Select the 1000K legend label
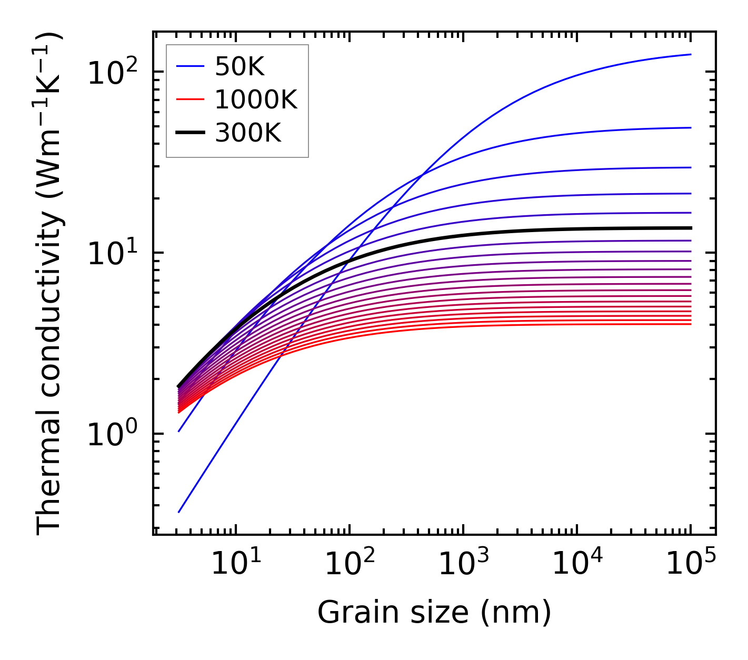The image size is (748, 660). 256,99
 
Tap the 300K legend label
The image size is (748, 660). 248,133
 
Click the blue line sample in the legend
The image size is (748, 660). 190,66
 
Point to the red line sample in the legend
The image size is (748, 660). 190,99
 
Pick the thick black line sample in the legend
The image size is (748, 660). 190,133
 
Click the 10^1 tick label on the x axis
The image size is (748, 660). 236,564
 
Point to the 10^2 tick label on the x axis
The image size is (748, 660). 350,564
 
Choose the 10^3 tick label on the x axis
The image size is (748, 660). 463,564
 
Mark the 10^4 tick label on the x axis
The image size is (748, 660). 577,564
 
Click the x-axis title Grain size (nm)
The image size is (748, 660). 434,613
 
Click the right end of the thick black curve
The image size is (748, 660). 691,228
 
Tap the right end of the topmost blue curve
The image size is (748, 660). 691,54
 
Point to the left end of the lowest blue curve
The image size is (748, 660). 179,512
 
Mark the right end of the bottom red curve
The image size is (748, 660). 691,324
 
